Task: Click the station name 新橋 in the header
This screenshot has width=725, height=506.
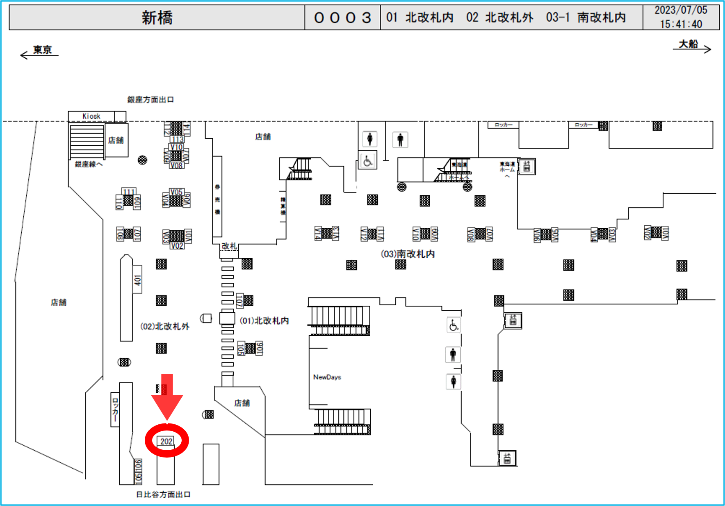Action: (157, 18)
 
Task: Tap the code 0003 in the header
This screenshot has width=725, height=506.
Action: (342, 18)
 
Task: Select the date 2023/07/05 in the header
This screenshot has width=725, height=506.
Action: (681, 10)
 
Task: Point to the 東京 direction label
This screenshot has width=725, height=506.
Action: (42, 50)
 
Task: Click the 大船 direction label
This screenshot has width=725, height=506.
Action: (689, 44)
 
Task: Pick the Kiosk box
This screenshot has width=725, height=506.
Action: (91, 116)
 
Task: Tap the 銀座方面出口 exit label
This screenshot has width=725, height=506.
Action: (150, 100)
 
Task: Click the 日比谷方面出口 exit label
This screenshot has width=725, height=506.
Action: (163, 495)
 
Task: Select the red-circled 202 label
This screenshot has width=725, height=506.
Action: (166, 441)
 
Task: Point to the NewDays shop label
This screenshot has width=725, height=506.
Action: (327, 377)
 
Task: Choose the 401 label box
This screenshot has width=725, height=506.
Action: (138, 280)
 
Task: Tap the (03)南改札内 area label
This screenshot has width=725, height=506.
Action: (408, 254)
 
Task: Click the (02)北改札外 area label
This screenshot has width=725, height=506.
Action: (165, 327)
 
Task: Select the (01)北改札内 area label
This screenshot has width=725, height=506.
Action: (264, 321)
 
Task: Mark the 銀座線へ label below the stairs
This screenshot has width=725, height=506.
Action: (89, 164)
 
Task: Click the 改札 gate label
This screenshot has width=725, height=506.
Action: (229, 246)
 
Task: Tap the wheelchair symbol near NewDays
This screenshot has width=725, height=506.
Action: (454, 325)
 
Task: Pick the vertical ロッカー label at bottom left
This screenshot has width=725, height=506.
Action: (115, 410)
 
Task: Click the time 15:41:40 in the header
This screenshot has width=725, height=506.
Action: (681, 24)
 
